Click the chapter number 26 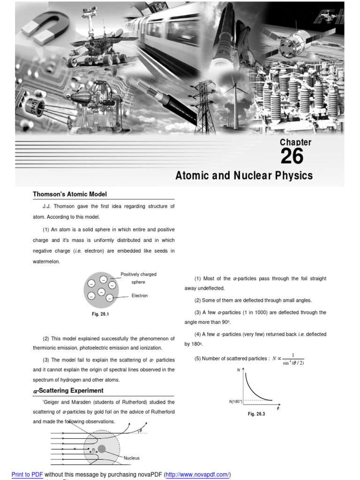292,157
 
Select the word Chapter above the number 295,142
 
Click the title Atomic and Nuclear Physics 244,176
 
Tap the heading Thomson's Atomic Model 69,194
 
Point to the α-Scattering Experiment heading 68,390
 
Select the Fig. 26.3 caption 256,414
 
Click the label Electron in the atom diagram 139,296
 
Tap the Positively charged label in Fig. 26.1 138,274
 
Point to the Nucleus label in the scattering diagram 132,458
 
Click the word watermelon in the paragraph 46,262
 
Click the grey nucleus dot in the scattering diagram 102,449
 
